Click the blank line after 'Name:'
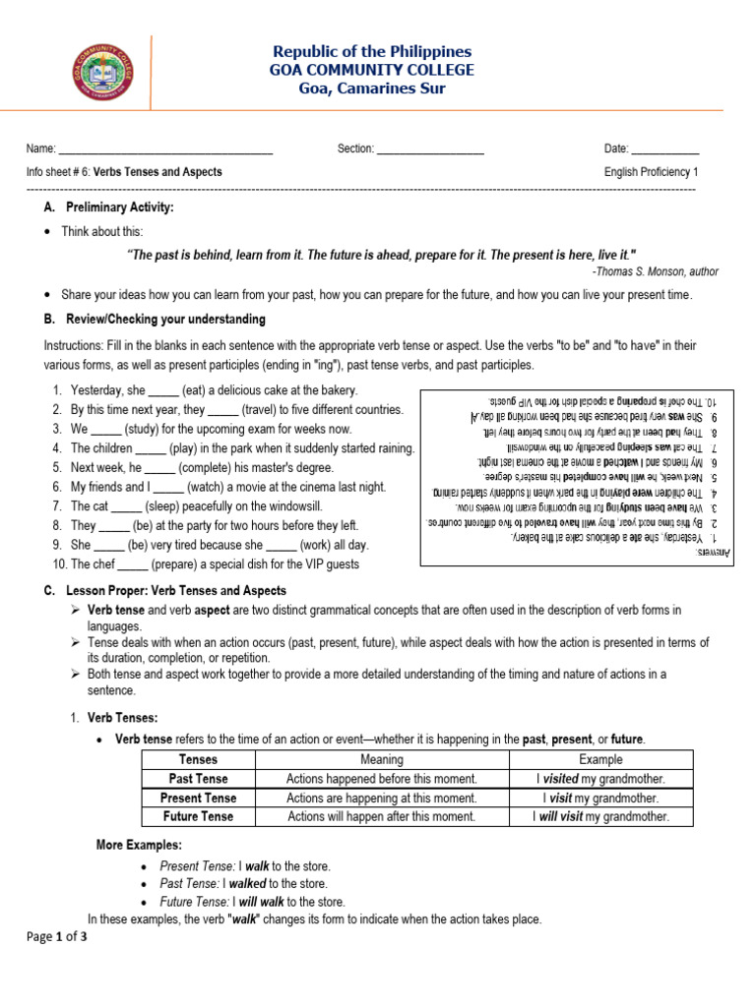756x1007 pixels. tap(165, 149)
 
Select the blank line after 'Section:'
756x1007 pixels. tap(430, 149)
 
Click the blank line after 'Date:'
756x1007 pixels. tap(664, 149)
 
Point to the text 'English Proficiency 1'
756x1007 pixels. tap(652, 172)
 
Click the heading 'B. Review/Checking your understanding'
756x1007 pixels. tap(154, 320)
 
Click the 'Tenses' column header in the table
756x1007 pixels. tap(198, 759)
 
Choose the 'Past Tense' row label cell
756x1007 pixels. tap(198, 779)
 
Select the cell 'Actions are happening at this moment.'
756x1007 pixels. tap(381, 798)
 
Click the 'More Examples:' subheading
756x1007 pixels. tap(138, 846)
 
